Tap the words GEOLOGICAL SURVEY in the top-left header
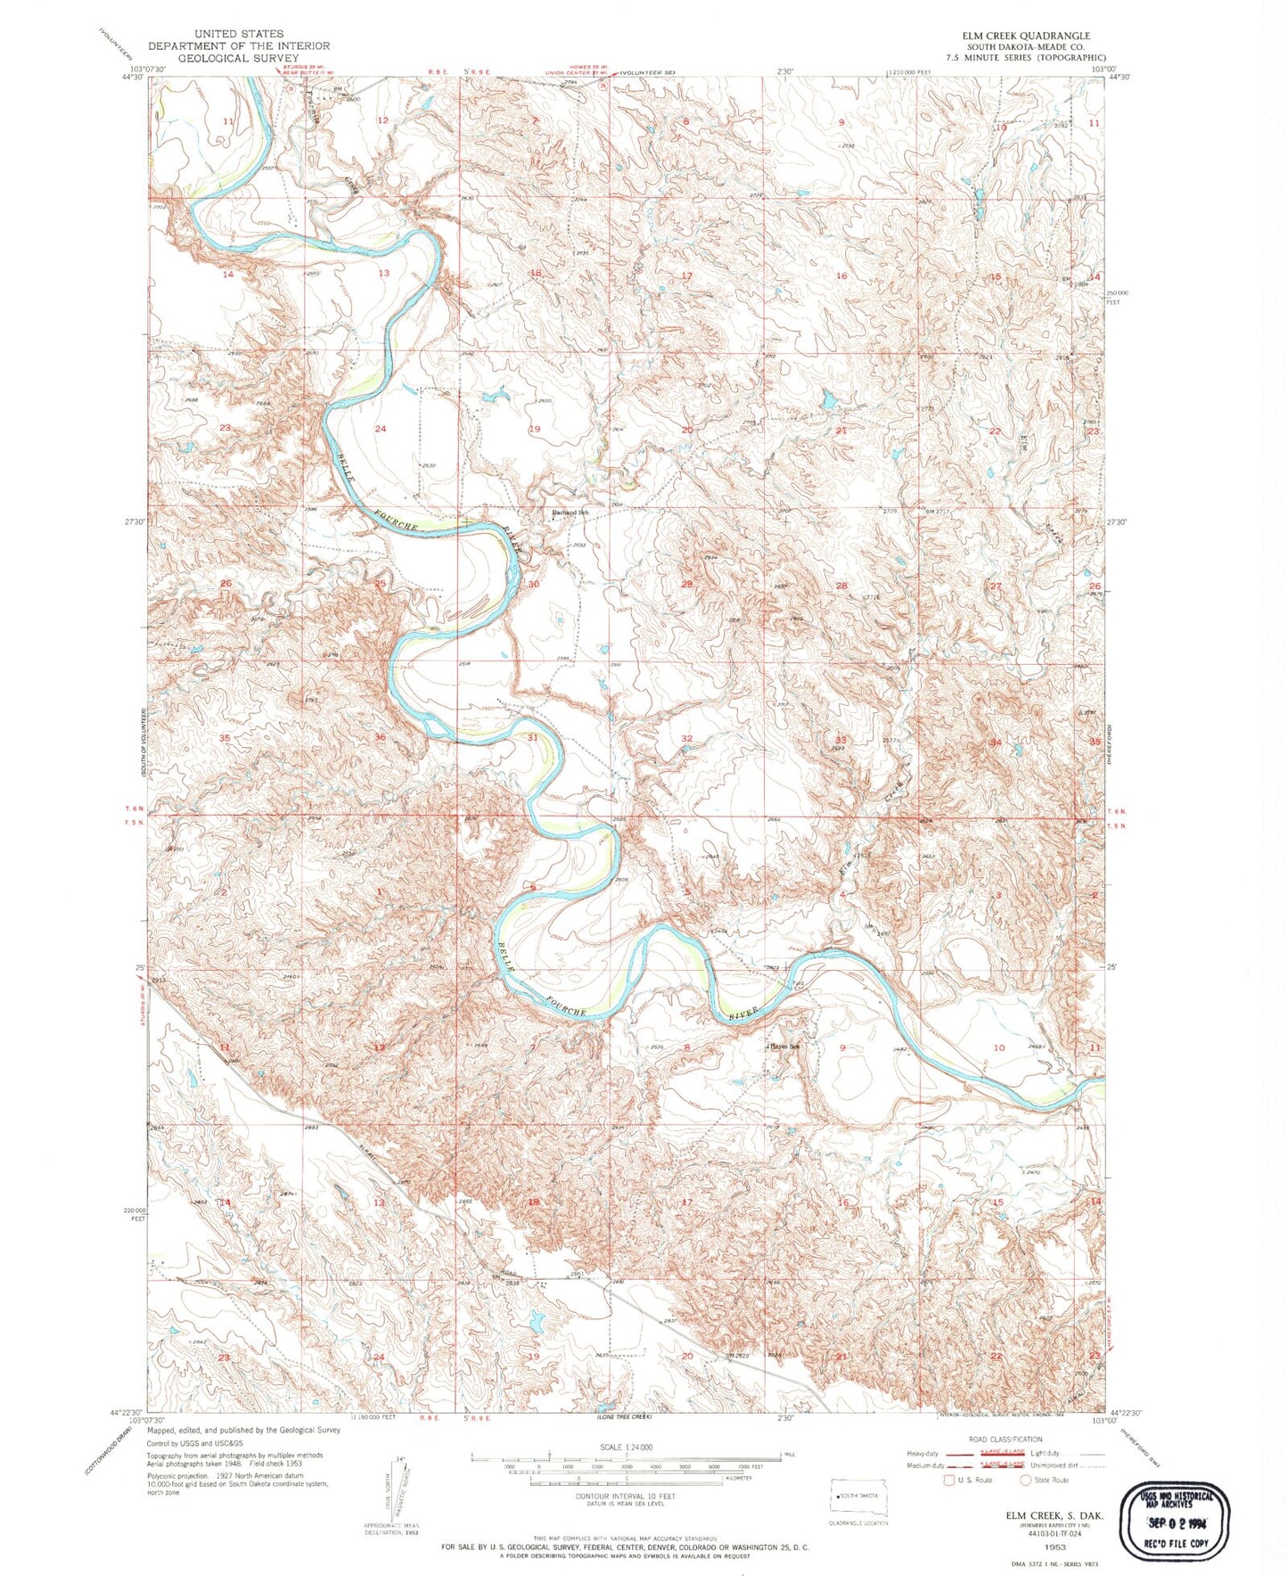point(238,57)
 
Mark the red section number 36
point(381,737)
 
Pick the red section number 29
point(687,584)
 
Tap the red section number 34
point(996,742)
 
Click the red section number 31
point(533,737)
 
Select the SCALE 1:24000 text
point(627,1447)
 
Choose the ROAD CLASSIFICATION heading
point(1005,1439)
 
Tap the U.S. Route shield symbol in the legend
point(949,1480)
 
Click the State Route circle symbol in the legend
point(1026,1480)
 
